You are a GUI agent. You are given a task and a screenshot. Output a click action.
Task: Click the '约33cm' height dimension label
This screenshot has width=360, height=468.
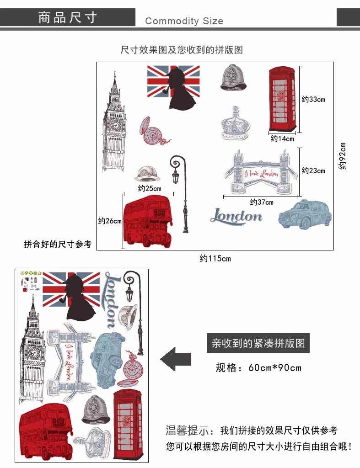313,99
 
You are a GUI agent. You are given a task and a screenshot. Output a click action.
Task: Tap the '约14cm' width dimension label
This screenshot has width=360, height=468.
282,138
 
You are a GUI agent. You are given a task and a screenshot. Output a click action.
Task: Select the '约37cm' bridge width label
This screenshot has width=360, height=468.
262,202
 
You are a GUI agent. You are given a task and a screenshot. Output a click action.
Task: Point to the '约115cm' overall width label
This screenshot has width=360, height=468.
215,259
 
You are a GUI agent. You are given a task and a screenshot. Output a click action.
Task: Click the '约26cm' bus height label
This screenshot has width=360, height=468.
110,221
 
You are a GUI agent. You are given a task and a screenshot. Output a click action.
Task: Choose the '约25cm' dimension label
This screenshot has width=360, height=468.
150,188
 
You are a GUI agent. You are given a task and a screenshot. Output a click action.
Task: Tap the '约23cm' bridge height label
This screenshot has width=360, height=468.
313,170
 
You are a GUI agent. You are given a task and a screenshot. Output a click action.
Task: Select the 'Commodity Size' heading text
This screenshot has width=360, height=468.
184,21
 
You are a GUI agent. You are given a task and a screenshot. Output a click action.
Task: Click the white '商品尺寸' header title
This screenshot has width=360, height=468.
68,18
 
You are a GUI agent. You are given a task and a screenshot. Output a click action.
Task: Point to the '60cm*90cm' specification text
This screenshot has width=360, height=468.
275,367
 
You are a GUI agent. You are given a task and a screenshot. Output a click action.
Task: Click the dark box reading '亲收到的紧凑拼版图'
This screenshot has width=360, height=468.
258,343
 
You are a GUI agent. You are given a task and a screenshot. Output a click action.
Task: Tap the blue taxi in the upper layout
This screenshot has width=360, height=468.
305,214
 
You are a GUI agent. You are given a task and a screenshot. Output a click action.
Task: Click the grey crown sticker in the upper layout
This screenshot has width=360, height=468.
235,122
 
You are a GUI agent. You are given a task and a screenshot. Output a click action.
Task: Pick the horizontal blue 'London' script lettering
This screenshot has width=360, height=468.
236,216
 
